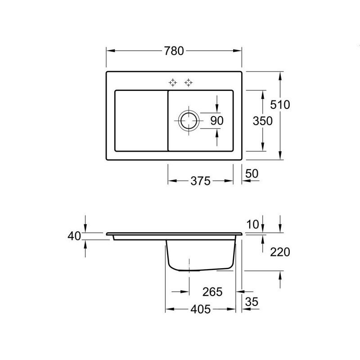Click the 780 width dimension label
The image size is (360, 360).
[174, 51]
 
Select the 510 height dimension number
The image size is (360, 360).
[280, 105]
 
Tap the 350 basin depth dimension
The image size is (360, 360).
[262, 121]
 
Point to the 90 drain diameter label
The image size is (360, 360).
[217, 121]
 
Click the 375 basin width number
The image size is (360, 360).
[200, 181]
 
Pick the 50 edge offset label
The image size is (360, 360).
[252, 174]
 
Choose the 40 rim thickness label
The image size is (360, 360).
[74, 236]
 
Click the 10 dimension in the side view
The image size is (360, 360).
[252, 224]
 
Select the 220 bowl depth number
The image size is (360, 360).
[280, 252]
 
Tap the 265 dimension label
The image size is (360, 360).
[212, 292]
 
